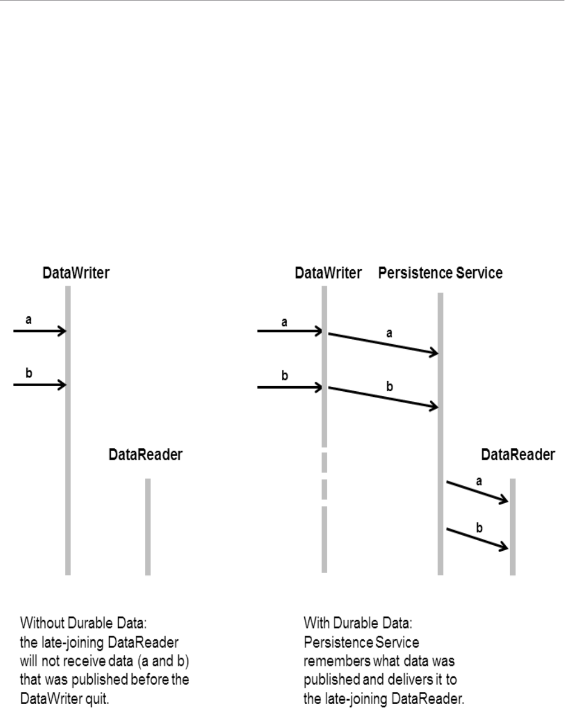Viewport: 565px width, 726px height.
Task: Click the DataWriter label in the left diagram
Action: click(x=76, y=273)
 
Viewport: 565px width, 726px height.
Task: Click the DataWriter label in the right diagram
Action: click(x=328, y=273)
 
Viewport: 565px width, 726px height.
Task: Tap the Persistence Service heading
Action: click(x=440, y=273)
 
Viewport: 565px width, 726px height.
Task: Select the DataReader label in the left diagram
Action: click(x=145, y=455)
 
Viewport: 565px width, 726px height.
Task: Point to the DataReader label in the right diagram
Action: click(x=518, y=455)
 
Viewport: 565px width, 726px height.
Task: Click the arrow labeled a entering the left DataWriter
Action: click(x=39, y=331)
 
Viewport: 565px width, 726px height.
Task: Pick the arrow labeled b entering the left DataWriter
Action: click(x=39, y=385)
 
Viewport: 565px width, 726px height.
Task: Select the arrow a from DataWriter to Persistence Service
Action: click(x=383, y=344)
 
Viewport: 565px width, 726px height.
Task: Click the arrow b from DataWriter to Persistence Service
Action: click(x=383, y=397)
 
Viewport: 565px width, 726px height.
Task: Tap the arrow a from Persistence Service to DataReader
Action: click(x=477, y=491)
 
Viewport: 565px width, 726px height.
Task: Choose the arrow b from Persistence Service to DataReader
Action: click(x=477, y=538)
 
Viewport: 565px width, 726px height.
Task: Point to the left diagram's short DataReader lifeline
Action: click(x=148, y=526)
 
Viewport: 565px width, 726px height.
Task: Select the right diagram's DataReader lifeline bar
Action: click(x=512, y=526)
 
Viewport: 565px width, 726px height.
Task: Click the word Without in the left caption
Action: click(x=42, y=623)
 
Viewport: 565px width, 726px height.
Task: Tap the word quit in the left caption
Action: click(x=97, y=699)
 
